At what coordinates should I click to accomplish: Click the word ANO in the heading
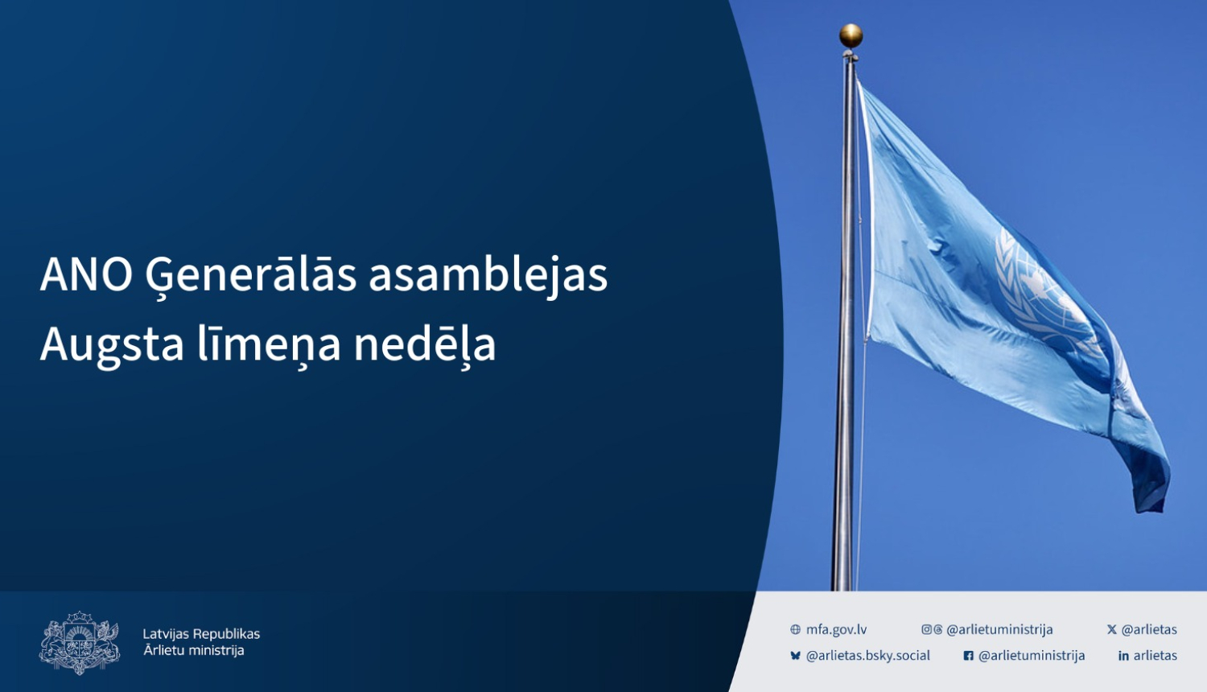point(86,274)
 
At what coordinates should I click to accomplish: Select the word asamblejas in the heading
point(488,276)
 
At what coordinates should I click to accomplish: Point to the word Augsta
point(113,345)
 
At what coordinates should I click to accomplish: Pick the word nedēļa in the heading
point(425,345)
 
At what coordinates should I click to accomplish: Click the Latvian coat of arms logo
point(79,642)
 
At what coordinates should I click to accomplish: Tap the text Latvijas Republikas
point(201,634)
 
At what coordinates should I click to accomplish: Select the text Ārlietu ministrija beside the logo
point(194,651)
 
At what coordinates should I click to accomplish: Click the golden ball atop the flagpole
point(851,35)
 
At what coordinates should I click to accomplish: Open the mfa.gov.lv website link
point(836,630)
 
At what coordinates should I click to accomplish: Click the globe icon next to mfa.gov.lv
point(795,630)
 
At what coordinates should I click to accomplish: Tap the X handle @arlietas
point(1149,630)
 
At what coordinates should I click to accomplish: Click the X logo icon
point(1111,630)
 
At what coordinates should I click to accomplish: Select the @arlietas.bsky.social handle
point(867,656)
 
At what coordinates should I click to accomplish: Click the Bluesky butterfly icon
point(795,656)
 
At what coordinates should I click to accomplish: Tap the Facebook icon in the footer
point(968,656)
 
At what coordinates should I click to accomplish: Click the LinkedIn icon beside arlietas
point(1123,656)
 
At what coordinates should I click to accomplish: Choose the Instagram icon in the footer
point(926,630)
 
